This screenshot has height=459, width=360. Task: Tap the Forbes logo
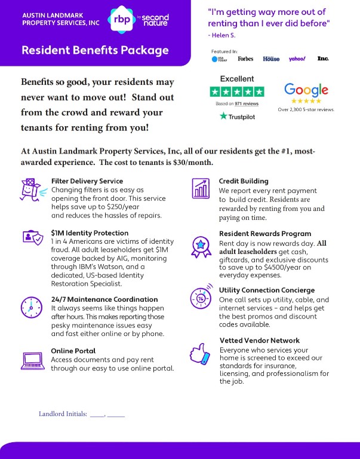point(245,59)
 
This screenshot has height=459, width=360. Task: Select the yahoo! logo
point(297,59)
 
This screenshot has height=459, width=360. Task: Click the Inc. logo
point(323,59)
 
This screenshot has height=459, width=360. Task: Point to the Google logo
point(306,90)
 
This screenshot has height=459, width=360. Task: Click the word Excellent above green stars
point(237,79)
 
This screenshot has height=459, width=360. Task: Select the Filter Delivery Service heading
point(87,181)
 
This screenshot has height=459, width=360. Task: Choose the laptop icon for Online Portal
point(30,360)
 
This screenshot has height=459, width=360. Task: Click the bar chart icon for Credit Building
point(201,189)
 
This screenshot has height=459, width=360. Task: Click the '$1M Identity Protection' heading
point(90,232)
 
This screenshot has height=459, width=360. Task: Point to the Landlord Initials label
point(63,414)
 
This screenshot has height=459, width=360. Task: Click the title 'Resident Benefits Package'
point(95,50)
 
